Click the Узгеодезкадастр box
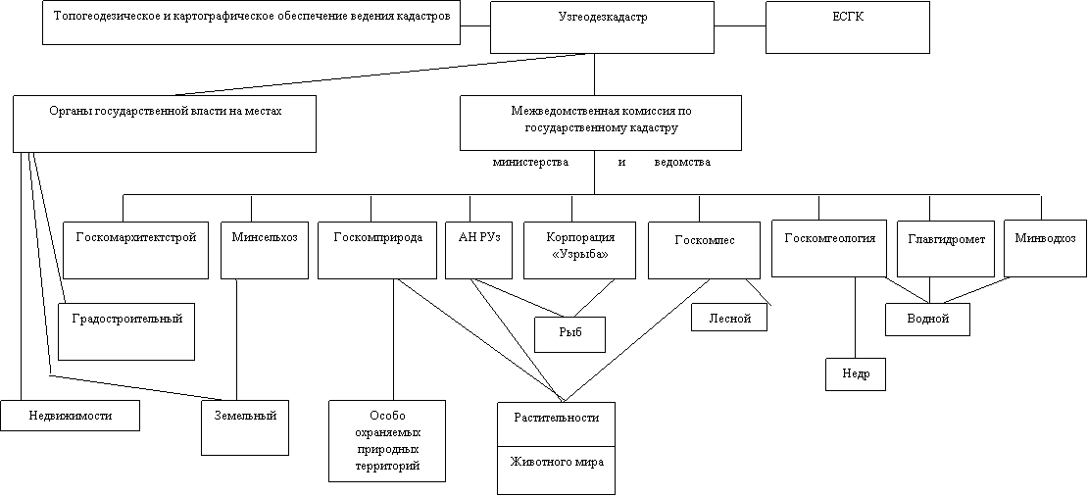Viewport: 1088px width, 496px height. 602,26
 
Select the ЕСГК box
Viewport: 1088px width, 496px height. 847,26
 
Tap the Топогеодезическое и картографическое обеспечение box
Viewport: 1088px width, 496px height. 251,23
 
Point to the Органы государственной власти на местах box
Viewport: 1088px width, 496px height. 165,124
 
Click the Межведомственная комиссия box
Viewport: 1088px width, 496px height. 600,123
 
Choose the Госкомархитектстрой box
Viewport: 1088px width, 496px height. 135,250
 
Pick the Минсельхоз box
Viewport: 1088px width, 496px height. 265,250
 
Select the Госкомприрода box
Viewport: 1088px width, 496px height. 377,250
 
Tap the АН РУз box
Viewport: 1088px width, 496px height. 478,250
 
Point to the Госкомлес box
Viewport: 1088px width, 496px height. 704,250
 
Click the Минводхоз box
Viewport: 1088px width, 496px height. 1045,248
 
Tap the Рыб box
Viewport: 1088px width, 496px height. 569,333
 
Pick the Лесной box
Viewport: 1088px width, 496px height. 728,318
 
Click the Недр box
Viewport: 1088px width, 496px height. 855,374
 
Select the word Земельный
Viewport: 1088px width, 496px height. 245,416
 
